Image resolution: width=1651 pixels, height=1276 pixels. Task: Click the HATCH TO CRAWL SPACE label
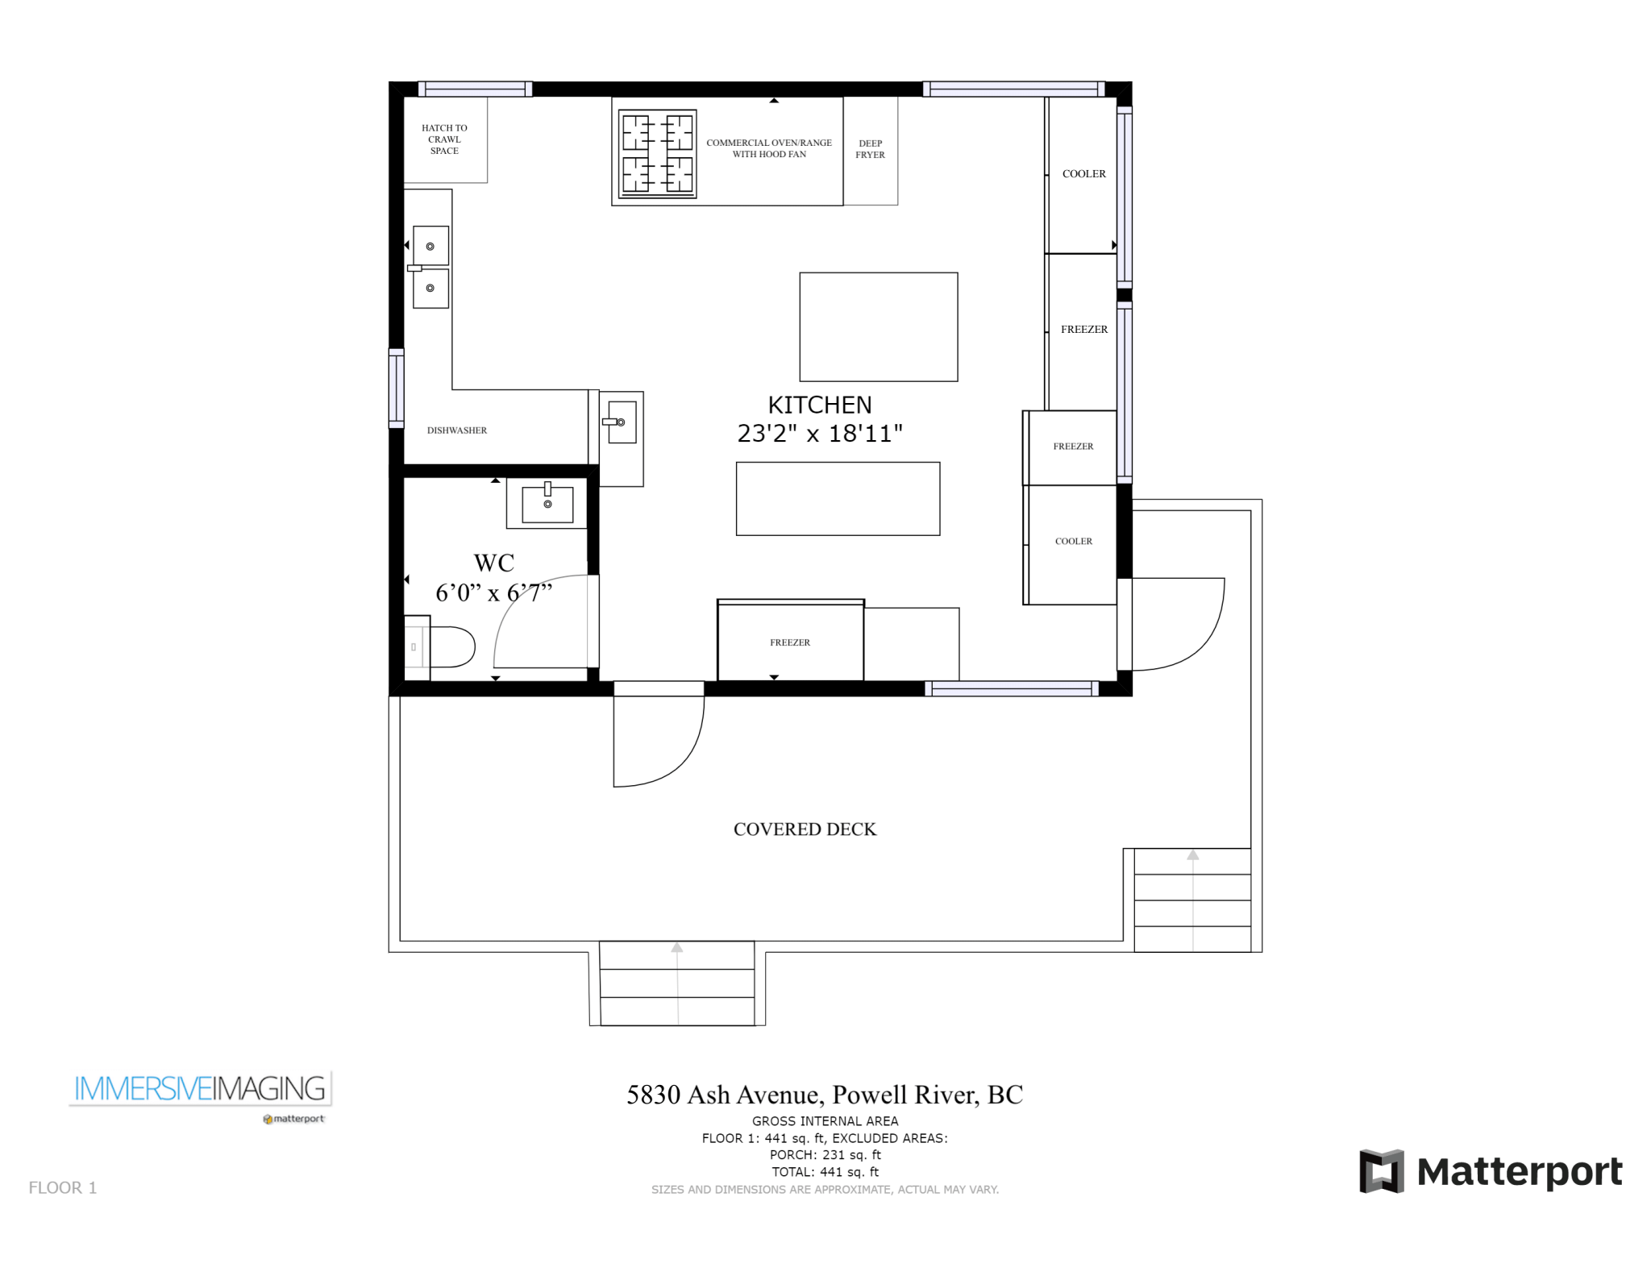click(444, 139)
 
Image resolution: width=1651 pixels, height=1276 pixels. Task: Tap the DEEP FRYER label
click(870, 149)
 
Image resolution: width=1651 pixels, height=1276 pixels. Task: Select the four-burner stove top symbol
click(657, 154)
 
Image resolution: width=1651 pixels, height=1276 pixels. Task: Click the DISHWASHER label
click(457, 430)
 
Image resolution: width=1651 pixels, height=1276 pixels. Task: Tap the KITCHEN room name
click(819, 405)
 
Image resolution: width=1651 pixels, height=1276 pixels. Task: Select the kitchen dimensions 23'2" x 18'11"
click(819, 434)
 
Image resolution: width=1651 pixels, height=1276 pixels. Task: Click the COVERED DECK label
click(805, 829)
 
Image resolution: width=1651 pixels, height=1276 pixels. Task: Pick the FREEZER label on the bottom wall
click(790, 642)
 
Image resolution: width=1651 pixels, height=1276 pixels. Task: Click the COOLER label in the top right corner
click(1083, 174)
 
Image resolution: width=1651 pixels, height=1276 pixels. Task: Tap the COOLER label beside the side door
click(1073, 542)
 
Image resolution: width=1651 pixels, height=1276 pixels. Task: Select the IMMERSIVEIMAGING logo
click(200, 1089)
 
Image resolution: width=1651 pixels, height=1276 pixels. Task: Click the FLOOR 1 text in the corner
click(63, 1187)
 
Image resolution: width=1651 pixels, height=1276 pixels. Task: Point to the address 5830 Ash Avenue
click(824, 1095)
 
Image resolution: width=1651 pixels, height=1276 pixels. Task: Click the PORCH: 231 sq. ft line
click(825, 1155)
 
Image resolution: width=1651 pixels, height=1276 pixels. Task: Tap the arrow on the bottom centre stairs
click(677, 948)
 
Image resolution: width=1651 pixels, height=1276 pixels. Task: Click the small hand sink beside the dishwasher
click(621, 422)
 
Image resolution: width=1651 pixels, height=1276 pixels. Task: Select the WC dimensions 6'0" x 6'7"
click(493, 593)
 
